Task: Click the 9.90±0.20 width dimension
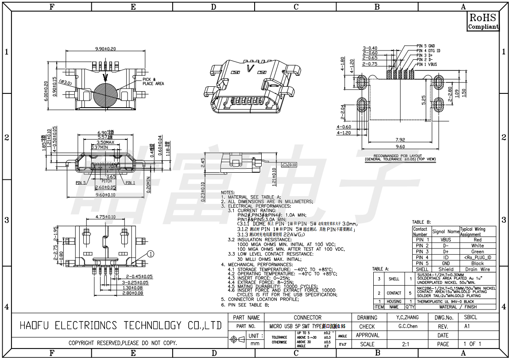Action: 105,49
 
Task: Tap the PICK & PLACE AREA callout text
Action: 153,81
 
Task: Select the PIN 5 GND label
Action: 426,46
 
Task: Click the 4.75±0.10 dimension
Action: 105,217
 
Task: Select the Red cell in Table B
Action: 477,240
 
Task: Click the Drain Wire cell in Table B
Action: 477,269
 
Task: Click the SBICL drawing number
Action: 470,317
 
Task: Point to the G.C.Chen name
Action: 408,326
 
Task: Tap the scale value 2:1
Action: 405,344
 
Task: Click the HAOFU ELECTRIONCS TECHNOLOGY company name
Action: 120,326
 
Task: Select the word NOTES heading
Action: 228,193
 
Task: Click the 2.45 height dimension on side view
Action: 203,164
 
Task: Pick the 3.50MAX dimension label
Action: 104,143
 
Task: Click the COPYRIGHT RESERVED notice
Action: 123,343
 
